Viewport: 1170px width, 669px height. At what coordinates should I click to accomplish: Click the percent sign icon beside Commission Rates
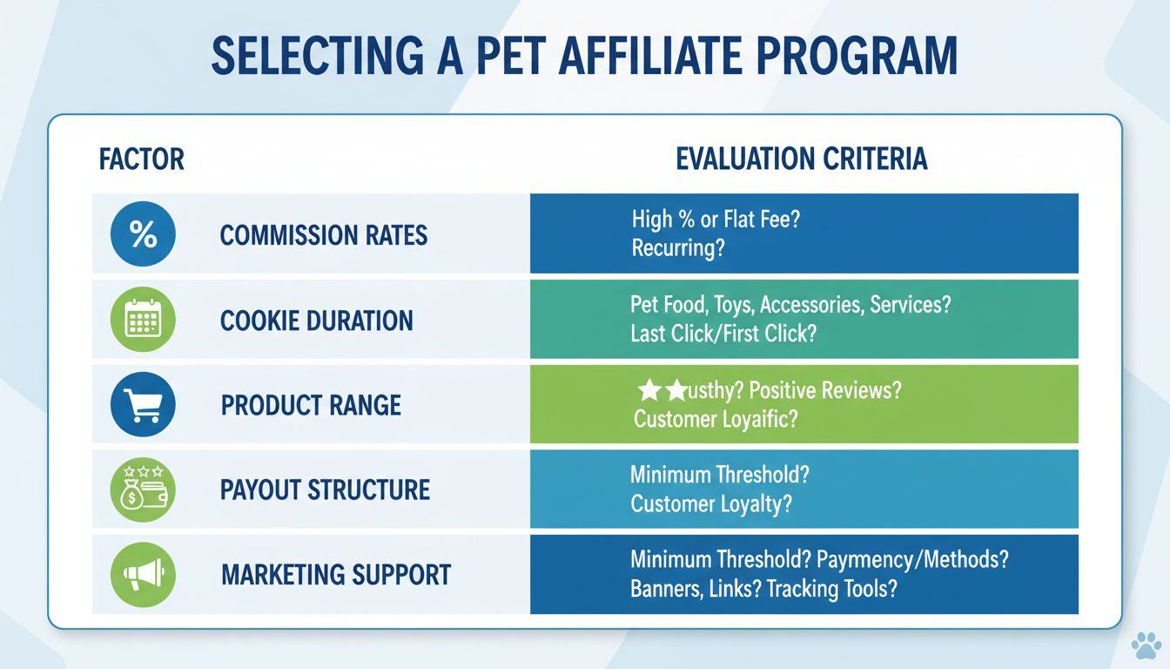point(143,234)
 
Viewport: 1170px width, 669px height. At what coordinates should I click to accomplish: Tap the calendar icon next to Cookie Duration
point(143,320)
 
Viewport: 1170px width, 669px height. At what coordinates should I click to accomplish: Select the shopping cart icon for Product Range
point(143,404)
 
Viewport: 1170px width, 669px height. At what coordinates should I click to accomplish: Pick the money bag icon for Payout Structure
point(143,489)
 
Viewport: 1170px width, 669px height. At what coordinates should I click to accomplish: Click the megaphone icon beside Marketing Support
point(143,574)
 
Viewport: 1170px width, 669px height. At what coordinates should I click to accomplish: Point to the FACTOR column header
point(142,160)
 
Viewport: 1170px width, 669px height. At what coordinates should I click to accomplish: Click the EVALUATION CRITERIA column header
point(801,159)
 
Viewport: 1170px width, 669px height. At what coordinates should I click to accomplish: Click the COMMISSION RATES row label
point(324,235)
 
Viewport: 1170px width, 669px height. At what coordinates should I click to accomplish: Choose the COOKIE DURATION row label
point(317,321)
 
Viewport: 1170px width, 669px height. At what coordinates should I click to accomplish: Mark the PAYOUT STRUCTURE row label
point(326,490)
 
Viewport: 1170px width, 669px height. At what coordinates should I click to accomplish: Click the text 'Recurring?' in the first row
point(679,248)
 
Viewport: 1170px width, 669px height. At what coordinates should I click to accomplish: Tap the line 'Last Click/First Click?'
point(723,334)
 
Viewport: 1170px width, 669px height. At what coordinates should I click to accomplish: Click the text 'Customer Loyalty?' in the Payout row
point(711,503)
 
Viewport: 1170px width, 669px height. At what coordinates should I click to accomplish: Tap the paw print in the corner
point(1146,645)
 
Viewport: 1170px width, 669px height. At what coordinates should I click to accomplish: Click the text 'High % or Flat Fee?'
point(716,220)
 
